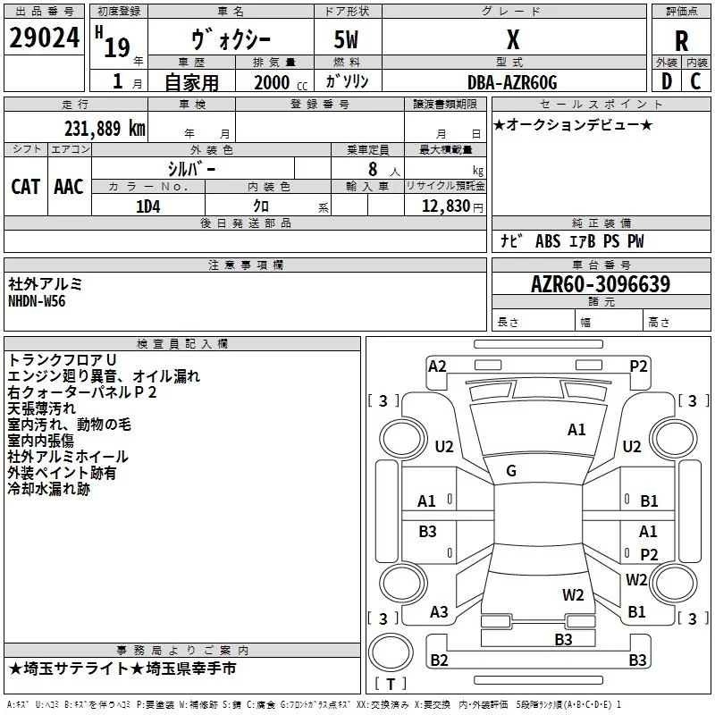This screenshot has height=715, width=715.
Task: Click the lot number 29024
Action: pos(44,38)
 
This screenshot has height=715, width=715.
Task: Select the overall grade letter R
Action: pos(681,41)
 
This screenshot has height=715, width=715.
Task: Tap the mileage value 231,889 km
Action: pos(105,129)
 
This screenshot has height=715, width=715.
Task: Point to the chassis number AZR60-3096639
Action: pos(601,284)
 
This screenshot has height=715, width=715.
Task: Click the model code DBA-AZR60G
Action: pos(512,82)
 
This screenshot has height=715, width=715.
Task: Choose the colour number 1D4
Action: pos(147,206)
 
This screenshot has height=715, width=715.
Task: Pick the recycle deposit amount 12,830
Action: pos(445,206)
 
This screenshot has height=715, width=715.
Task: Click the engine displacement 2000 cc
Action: pos(281,82)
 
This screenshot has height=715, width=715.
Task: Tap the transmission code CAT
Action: pos(26,187)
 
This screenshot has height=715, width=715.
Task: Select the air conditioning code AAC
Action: pos(69,187)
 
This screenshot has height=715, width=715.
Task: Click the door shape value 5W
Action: pos(346,39)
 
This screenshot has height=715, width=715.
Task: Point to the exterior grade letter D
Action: pos(667,81)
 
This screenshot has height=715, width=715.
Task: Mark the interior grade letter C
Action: pos(695,81)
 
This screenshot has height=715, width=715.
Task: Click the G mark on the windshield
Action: pos(511,471)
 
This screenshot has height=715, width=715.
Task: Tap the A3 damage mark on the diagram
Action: pos(439,612)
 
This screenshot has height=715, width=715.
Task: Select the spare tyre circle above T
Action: pos(391,652)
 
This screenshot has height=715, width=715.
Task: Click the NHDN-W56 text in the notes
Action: pos(37,301)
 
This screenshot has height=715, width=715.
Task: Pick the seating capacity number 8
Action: pos(373,169)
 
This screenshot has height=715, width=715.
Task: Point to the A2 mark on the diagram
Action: pos(437,366)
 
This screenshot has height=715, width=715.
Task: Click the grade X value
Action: pos(513,39)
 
